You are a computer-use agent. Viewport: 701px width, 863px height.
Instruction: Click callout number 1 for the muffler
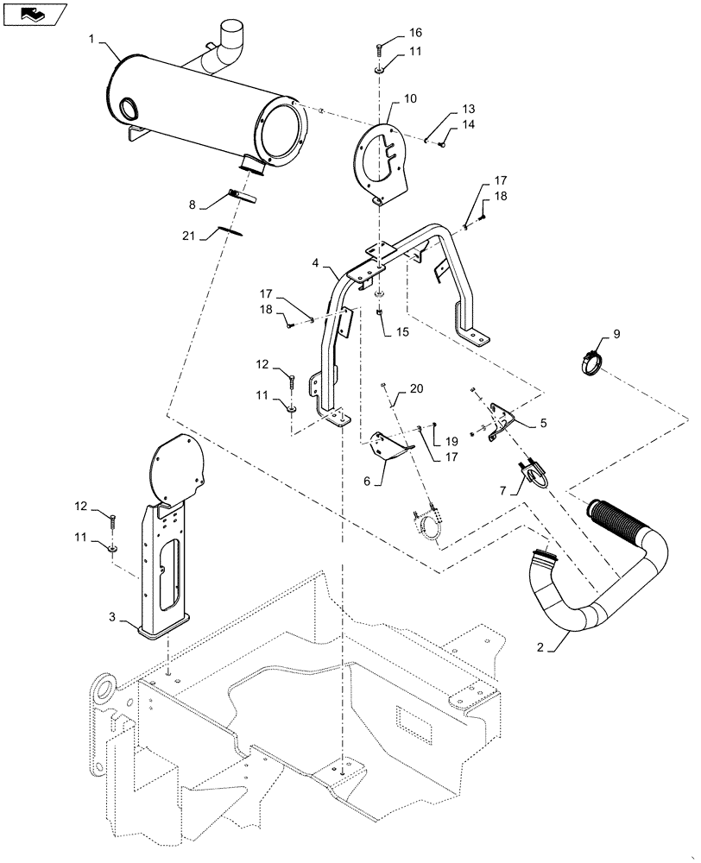click(x=92, y=38)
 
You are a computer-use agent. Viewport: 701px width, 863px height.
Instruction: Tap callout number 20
click(x=417, y=389)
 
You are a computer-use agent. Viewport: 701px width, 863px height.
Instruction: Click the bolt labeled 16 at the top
click(x=379, y=48)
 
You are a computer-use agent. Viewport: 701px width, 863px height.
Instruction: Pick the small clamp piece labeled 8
click(x=243, y=196)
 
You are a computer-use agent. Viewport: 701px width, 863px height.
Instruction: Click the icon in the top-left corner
click(x=35, y=14)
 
